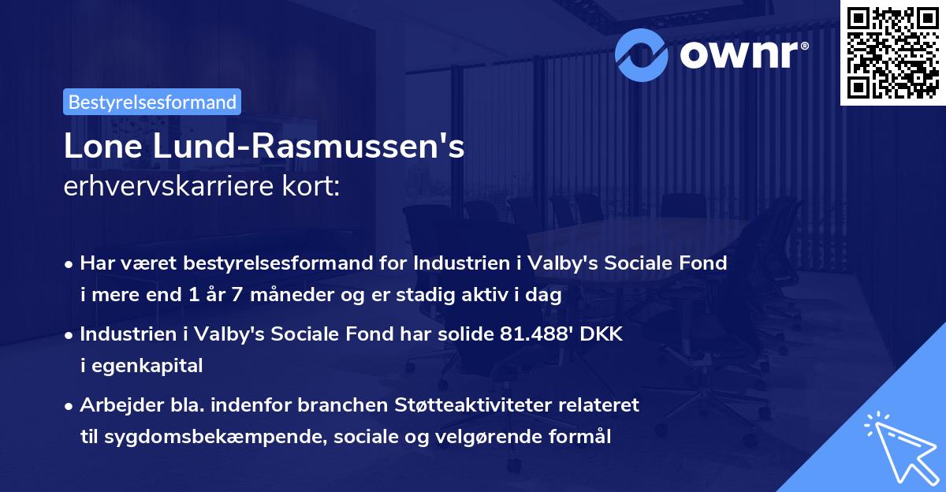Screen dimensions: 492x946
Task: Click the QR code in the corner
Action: [892, 53]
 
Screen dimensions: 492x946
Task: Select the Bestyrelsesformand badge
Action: [152, 102]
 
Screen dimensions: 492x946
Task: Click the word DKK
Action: [603, 334]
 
